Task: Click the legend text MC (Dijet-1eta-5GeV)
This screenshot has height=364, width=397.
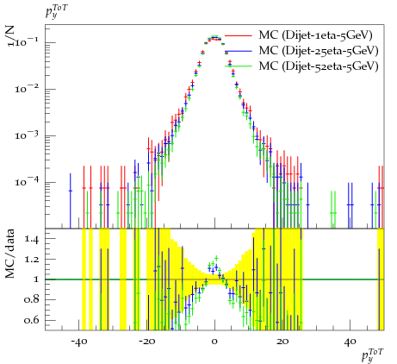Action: [x=315, y=35]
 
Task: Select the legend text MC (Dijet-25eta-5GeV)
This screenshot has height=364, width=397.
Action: [x=319, y=51]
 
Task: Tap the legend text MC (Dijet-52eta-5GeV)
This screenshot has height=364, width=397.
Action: [x=319, y=66]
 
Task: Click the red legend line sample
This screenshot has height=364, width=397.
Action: [x=239, y=35]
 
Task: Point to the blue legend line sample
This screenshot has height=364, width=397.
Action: [x=239, y=51]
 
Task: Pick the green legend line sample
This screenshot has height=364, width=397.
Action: [x=239, y=66]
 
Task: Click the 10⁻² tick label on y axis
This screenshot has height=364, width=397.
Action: [x=27, y=89]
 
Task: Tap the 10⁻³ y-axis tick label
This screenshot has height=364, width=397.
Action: [x=27, y=135]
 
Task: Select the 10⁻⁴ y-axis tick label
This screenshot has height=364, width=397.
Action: [x=27, y=182]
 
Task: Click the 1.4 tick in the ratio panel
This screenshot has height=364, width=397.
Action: [x=32, y=239]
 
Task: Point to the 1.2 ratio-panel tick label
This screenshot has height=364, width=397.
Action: [x=32, y=260]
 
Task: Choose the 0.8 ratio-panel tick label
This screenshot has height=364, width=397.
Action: [x=31, y=300]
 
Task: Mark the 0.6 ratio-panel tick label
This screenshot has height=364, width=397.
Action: [x=31, y=320]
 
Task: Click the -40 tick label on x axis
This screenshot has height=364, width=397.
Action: [x=78, y=342]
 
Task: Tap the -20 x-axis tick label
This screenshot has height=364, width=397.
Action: [x=146, y=342]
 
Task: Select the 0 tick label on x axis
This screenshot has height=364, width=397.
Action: [x=214, y=342]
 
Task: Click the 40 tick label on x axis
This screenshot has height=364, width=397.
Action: [x=350, y=342]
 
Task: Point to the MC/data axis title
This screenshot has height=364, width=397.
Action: [x=10, y=254]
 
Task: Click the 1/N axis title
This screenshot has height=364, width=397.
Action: [x=10, y=36]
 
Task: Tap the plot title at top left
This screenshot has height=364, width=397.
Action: [x=57, y=12]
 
